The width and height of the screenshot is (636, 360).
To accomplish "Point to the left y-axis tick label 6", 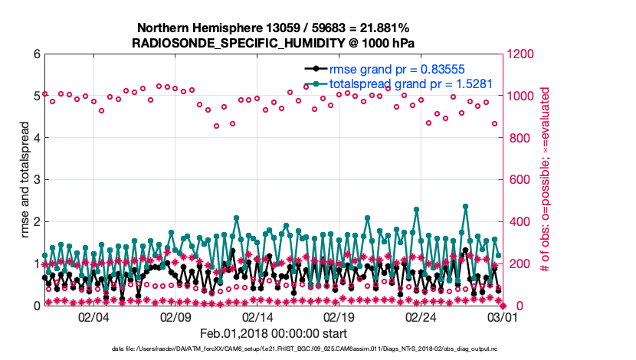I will coord(36,54).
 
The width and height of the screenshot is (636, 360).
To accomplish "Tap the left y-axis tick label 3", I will coord(36,180).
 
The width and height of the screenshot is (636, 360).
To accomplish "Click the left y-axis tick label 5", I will coord(36,97).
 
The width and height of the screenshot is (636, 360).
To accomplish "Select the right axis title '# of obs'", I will coord(540,180).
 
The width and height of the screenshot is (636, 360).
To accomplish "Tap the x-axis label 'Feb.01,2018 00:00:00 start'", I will coord(274,334).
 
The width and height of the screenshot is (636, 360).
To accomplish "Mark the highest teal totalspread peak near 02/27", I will coord(465,206).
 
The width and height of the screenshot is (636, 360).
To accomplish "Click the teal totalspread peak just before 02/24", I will coord(416,209).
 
